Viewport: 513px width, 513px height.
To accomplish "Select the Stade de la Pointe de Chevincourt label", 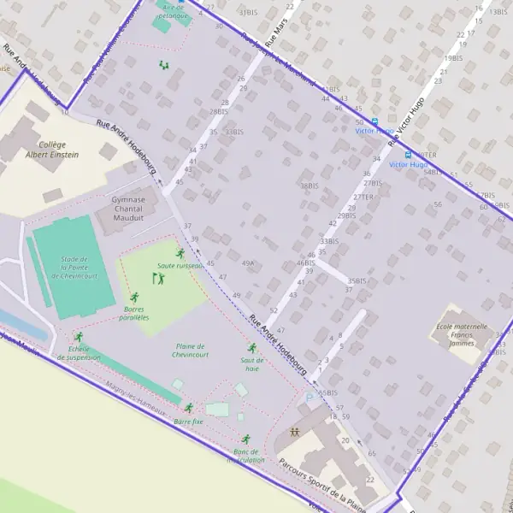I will pos(80,267).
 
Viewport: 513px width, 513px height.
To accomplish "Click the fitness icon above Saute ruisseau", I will pos(180,253).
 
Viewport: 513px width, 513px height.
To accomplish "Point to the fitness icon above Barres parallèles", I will pos(133,297).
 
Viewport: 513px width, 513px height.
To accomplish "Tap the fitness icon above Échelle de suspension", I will pos(79,338).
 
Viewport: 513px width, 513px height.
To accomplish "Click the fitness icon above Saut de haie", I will pos(252,348).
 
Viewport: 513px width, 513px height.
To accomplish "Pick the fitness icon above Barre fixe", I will pos(189,409).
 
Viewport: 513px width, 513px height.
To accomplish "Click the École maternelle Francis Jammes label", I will pos(463,335).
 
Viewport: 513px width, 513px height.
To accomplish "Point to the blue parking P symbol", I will pos(310,398).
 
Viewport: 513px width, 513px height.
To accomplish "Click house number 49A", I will pos(248,263).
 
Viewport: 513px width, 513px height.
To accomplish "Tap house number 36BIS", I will pos(309,186).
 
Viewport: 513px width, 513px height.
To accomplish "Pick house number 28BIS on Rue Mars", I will pos(219,112).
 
